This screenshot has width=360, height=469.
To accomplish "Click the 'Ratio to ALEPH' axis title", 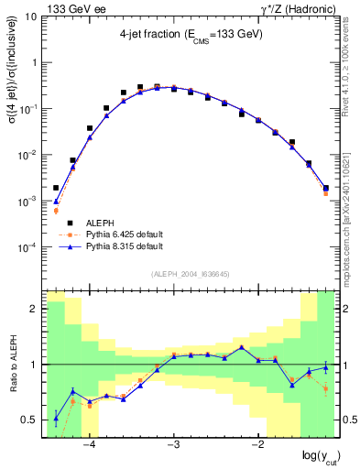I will [x=12, y=365].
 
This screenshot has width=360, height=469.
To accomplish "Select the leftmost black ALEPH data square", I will [x=56, y=188].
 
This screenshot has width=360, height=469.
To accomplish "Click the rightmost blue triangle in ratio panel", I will [x=326, y=367].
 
